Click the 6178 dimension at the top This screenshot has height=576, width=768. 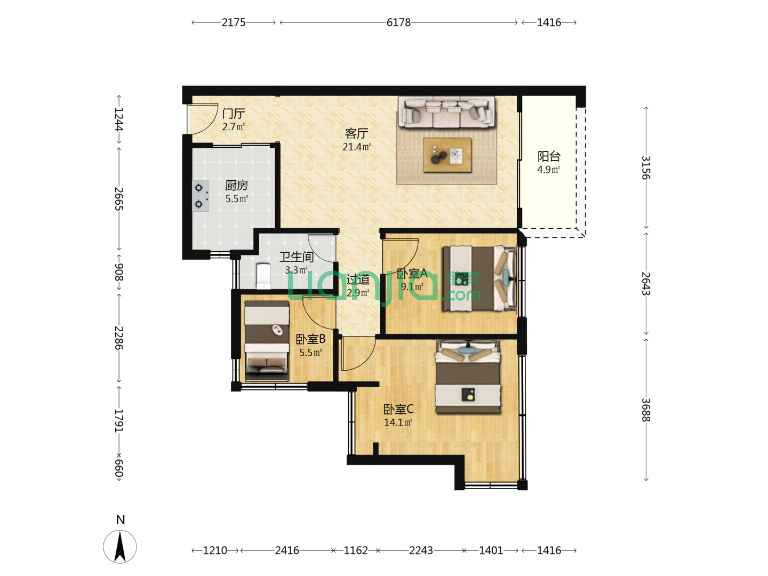tap(398, 23)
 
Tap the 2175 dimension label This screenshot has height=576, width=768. tap(234, 23)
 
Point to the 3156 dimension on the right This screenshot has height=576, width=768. tap(646, 167)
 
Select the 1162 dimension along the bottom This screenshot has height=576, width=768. tap(356, 550)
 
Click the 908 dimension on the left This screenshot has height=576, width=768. tap(119, 272)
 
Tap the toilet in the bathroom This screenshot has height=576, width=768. tap(263, 276)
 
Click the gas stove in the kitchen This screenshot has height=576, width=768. tap(201, 196)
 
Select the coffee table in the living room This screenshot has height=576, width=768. tap(447, 155)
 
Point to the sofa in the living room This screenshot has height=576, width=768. tap(446, 112)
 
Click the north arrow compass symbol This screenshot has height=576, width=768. tap(120, 546)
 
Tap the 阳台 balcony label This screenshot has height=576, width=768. tap(549, 156)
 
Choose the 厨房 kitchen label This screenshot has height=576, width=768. tap(236, 185)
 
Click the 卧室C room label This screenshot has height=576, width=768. tap(398, 409)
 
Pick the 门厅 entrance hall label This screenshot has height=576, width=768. tap(234, 113)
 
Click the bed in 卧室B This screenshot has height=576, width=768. tap(267, 341)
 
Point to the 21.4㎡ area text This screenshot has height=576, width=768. tap(356, 147)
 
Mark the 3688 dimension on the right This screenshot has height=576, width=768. tap(646, 410)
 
